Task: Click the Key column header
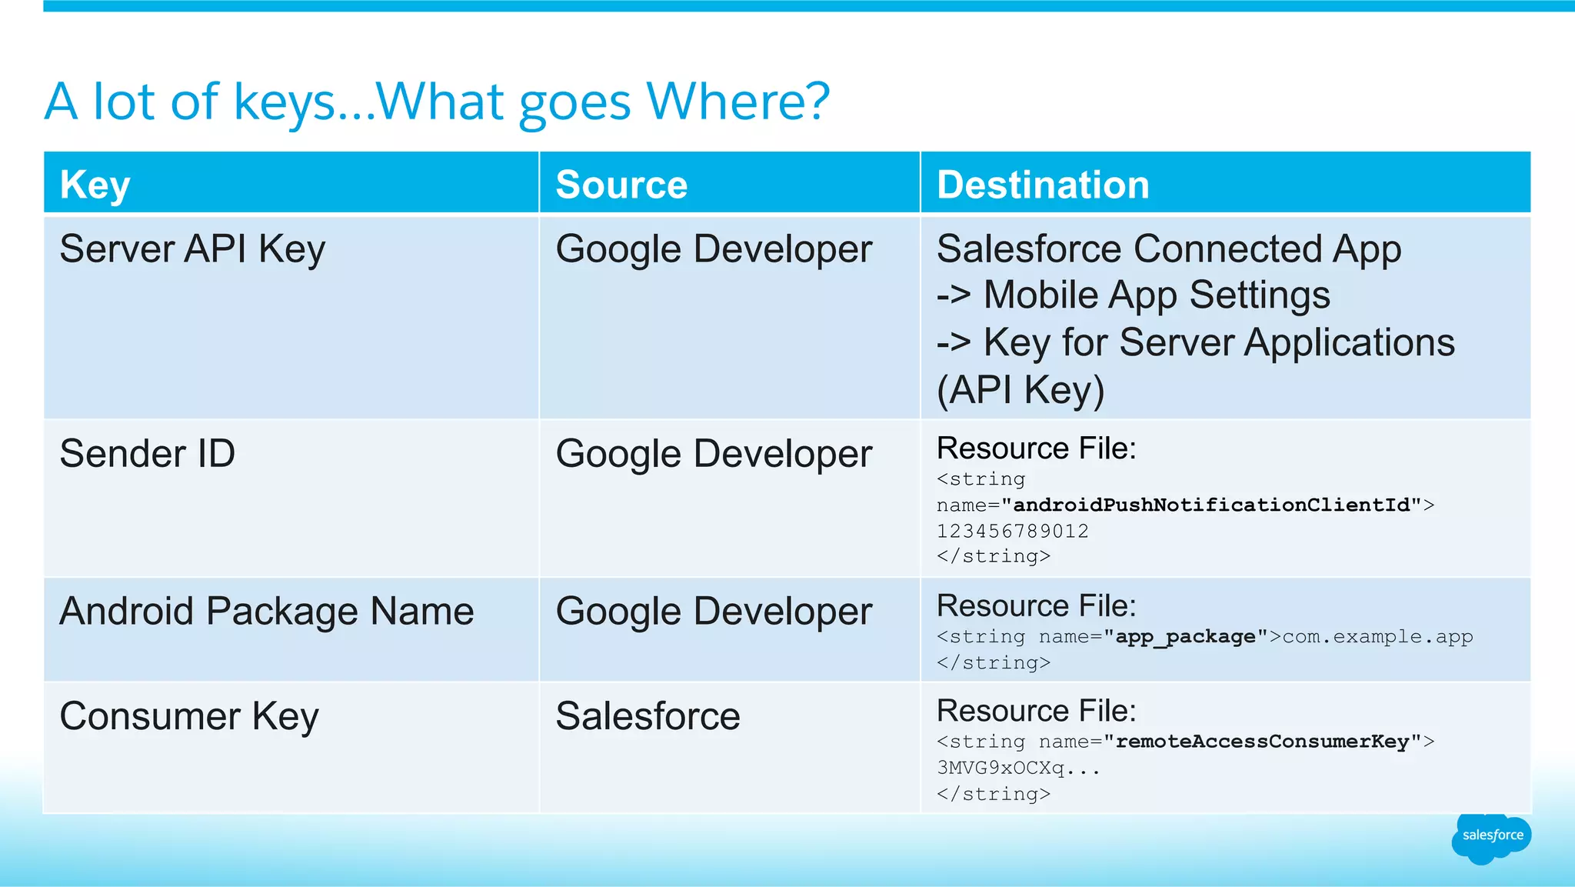coord(95,185)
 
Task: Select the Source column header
coord(621,185)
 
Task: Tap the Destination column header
coord(1043,185)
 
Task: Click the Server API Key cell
coord(192,249)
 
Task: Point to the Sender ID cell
coord(148,453)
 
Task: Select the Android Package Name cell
coord(267,612)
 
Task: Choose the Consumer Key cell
coord(189,716)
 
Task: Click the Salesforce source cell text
coord(648,716)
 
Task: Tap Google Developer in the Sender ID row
coord(714,453)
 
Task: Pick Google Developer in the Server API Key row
coord(714,249)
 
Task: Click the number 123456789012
coord(1012,531)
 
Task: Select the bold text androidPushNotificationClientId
coord(1212,505)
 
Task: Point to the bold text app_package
coord(1186,637)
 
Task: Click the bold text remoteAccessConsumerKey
coord(1262,742)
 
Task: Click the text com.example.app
coord(1377,637)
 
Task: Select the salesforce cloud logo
coord(1492,836)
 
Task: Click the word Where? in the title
coord(738,102)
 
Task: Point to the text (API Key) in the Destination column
coord(1020,390)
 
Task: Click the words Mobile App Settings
coord(1156,295)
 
